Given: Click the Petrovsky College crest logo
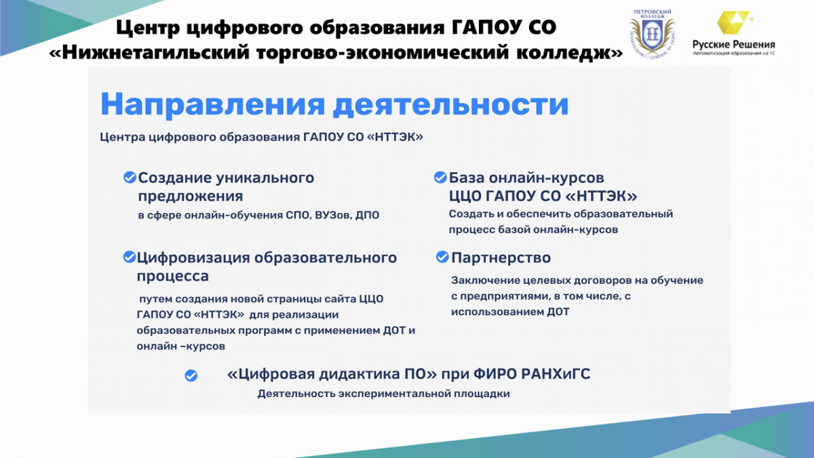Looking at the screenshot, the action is pos(653,33).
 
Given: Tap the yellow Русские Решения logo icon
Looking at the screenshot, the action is pos(733,22).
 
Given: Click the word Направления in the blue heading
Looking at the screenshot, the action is pos(212,105).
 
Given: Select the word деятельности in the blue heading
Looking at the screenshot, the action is pos(451,104).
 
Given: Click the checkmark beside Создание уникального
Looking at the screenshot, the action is pos(130,177).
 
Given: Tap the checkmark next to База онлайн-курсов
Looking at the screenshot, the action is pos(440,177).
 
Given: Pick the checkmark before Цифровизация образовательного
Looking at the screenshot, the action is pos(130,256).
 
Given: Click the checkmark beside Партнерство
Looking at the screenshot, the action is pos(442,257).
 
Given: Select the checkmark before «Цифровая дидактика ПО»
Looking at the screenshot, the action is pos(191,375).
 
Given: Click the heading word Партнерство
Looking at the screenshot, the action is pos(501,258).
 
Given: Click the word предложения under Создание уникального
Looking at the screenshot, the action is pos(191,197).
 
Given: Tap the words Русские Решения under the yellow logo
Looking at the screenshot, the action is pos(733,45).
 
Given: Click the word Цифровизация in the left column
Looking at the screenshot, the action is pos(193,258).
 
